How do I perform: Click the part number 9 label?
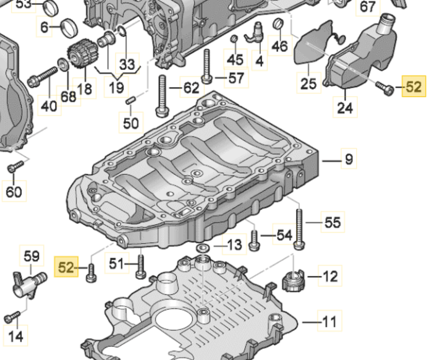[x=349, y=160]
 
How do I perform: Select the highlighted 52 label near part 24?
[x=413, y=87]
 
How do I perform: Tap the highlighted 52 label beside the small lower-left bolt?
[x=67, y=267]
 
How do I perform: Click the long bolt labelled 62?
[x=162, y=96]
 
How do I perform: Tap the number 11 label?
[x=330, y=322]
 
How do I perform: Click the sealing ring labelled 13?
[x=202, y=248]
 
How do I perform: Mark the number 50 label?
[x=130, y=122]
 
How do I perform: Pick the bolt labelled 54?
[x=253, y=240]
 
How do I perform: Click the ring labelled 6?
[x=69, y=28]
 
